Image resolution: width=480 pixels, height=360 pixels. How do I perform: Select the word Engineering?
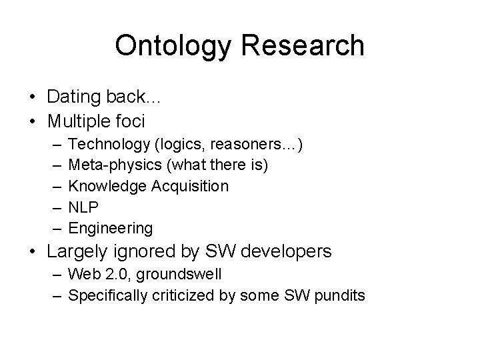tap(111, 229)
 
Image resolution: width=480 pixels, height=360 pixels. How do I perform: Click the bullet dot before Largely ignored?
tap(33, 253)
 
